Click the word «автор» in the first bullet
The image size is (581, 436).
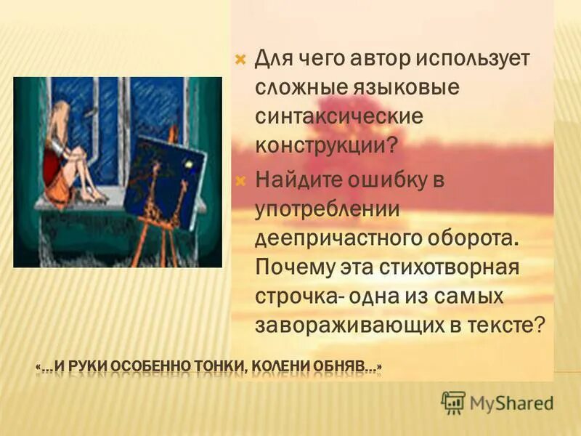point(369,57)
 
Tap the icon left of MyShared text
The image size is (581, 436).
point(453,402)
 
